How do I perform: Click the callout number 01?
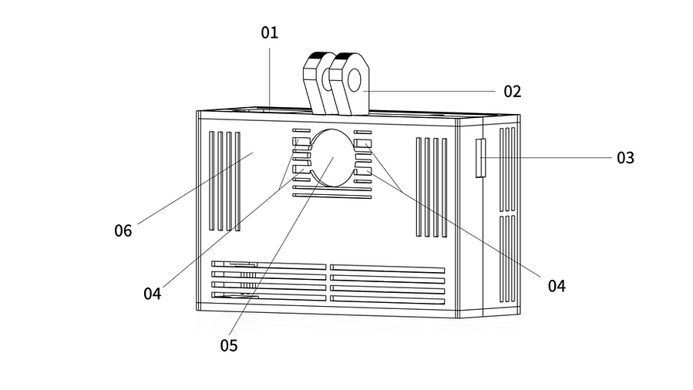[269, 32]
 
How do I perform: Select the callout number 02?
[513, 92]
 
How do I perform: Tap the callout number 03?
[625, 158]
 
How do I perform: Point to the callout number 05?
[228, 345]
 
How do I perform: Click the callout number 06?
[123, 230]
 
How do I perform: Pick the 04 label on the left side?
[152, 294]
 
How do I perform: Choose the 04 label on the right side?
[557, 286]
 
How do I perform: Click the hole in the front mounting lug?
[355, 80]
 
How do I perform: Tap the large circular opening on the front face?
[332, 158]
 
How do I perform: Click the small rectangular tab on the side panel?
[480, 158]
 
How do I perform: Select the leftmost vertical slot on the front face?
[212, 180]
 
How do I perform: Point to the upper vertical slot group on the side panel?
[507, 169]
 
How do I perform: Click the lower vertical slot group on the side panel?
[507, 259]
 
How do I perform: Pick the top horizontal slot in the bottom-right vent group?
[387, 268]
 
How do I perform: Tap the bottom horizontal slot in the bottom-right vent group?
[387, 300]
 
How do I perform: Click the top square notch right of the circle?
[362, 143]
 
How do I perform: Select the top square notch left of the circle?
[301, 141]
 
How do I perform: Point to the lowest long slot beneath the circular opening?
[332, 196]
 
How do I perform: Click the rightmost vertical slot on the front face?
[445, 187]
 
